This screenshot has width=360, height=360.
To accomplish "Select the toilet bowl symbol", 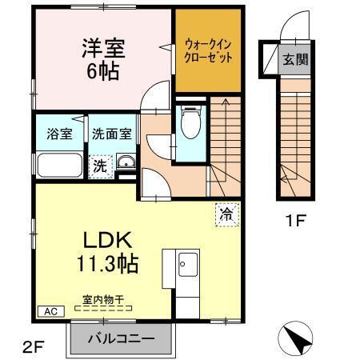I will [190, 124].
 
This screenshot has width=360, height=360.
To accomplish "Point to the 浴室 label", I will [59, 134].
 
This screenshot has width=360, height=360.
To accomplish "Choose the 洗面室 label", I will [111, 134].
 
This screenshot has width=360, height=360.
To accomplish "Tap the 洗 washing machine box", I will [100, 166].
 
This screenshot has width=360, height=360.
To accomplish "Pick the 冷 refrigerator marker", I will [226, 214].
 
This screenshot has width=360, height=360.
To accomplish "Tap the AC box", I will [49, 310].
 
